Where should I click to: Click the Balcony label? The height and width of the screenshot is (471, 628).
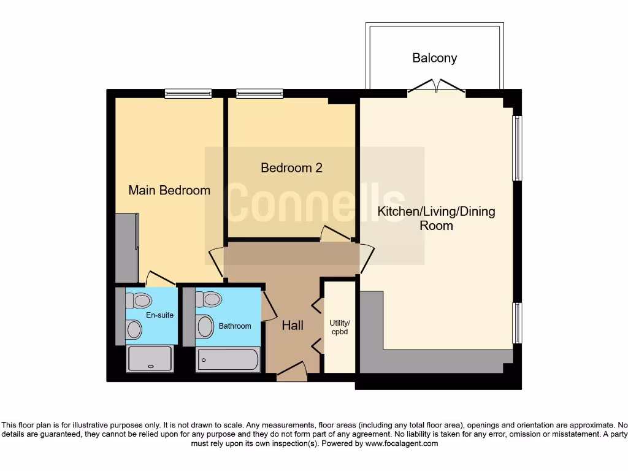[x=434, y=58]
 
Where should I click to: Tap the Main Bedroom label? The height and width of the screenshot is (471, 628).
[x=169, y=190]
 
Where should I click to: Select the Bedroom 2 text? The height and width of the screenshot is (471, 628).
[x=291, y=167]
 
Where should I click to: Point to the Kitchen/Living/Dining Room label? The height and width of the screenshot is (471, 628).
[x=436, y=218]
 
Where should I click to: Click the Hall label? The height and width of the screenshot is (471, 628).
[x=293, y=326]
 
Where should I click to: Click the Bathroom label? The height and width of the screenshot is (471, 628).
[x=235, y=326]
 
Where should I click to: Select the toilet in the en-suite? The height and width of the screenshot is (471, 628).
[x=140, y=301]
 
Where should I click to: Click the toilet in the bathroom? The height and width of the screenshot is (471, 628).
[x=210, y=299]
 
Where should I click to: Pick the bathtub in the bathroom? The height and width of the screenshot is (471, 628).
[x=228, y=359]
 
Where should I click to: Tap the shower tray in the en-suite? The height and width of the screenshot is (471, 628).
[x=150, y=359]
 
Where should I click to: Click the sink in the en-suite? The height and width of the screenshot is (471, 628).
[x=133, y=330]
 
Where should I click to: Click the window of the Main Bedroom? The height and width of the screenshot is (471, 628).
[x=188, y=94]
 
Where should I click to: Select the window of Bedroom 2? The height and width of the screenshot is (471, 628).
[x=259, y=94]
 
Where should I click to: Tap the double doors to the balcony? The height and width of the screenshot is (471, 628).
[x=437, y=87]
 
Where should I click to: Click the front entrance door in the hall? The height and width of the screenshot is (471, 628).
[x=291, y=370]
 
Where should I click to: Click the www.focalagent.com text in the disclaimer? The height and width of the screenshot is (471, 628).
[x=402, y=443]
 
